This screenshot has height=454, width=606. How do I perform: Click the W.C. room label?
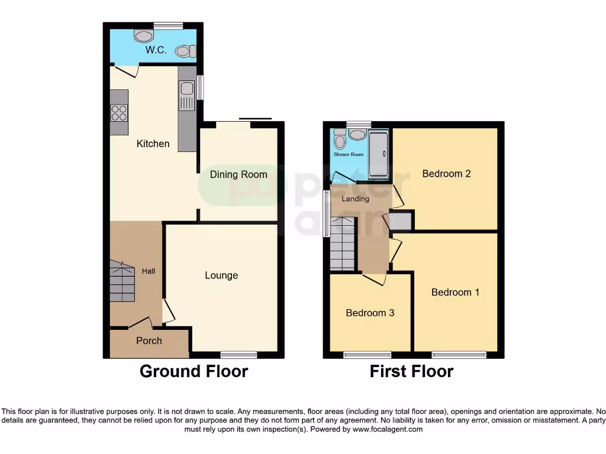(156, 50)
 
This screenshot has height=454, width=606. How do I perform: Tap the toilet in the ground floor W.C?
(185, 51)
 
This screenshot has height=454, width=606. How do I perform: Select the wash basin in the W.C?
(143, 36)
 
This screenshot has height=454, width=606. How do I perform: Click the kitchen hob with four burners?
(119, 112)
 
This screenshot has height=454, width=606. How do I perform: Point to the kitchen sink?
(186, 89)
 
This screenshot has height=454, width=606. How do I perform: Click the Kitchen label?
(153, 144)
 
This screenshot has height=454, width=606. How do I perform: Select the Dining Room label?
(238, 174)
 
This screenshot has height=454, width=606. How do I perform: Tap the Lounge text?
(221, 275)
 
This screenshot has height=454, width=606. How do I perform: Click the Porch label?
(149, 340)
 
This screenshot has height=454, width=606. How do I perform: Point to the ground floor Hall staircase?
(122, 281)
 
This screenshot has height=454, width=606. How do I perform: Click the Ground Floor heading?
(194, 371)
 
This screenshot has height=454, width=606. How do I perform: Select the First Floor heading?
(411, 371)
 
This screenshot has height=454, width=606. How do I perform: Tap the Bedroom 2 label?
(446, 174)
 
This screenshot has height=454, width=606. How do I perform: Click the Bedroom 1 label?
(455, 292)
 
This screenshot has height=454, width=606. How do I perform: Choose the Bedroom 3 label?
(370, 313)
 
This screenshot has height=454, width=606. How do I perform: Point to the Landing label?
(356, 199)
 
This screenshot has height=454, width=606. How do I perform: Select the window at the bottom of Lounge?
(238, 355)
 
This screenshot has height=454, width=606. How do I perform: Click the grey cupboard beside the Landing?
(401, 221)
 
